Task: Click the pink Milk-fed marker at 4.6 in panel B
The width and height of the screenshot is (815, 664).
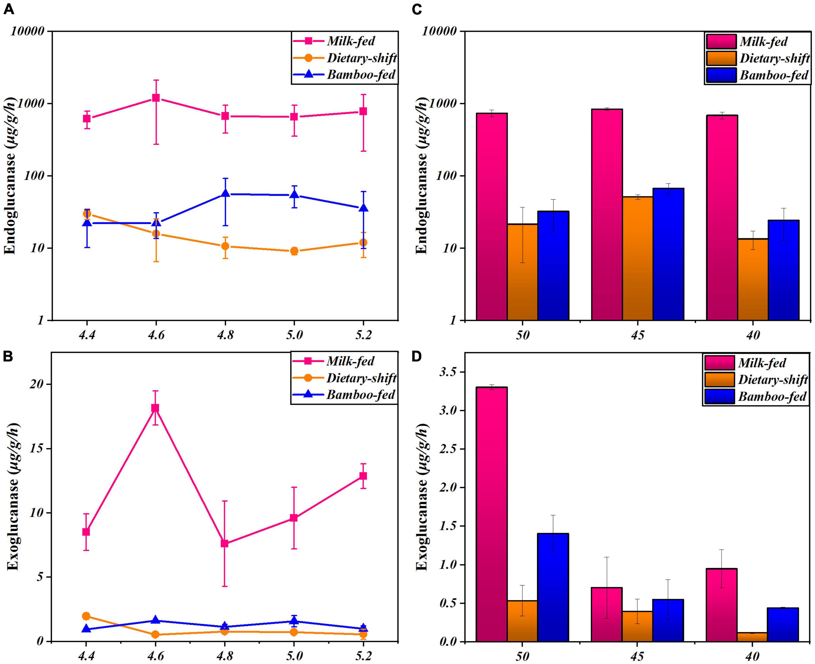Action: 155,408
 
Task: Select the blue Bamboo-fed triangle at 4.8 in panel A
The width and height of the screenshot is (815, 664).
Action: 225,193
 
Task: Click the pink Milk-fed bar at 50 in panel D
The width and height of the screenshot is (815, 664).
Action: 492,514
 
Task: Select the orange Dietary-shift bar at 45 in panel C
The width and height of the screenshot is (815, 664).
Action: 637,258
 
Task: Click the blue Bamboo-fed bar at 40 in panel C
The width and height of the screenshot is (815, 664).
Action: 783,270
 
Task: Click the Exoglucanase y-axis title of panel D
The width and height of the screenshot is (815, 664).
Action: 422,497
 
